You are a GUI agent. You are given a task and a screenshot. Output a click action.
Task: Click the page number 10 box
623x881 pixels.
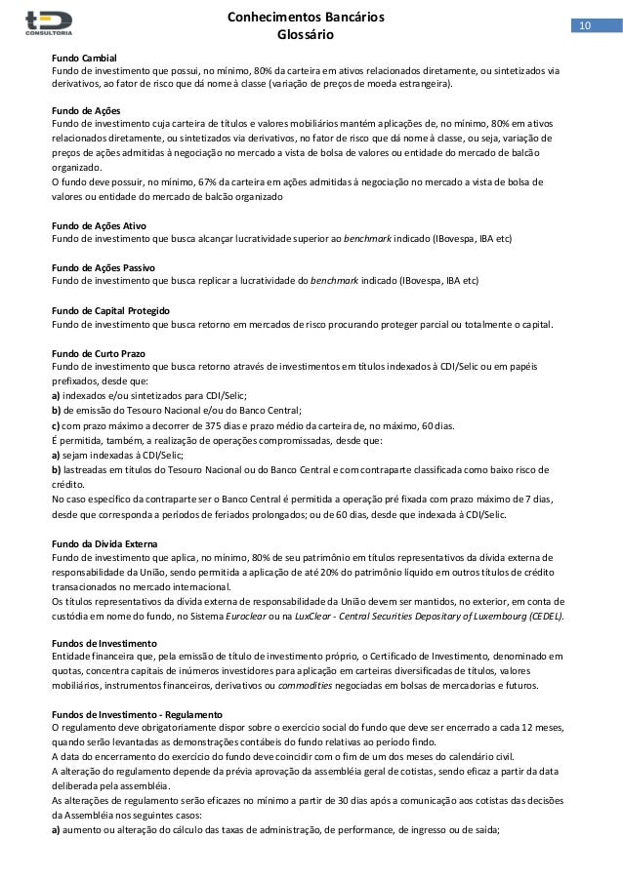pyautogui.click(x=585, y=24)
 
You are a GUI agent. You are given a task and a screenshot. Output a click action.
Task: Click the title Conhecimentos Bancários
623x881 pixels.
pyautogui.click(x=305, y=18)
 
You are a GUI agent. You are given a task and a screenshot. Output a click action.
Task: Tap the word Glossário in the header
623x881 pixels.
pyautogui.click(x=306, y=35)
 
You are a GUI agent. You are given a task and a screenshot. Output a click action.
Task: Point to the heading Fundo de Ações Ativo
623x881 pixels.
pyautogui.click(x=97, y=225)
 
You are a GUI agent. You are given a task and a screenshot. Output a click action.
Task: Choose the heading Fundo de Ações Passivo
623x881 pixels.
pyautogui.click(x=101, y=267)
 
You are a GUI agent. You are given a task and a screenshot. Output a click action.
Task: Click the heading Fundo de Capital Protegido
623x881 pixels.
pyautogui.click(x=110, y=310)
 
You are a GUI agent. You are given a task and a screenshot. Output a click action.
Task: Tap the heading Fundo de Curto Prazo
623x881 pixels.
pyautogui.click(x=95, y=352)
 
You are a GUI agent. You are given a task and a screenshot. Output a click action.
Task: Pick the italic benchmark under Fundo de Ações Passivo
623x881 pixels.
pyautogui.click(x=334, y=281)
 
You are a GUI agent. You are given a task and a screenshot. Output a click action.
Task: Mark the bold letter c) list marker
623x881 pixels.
pyautogui.click(x=55, y=424)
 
